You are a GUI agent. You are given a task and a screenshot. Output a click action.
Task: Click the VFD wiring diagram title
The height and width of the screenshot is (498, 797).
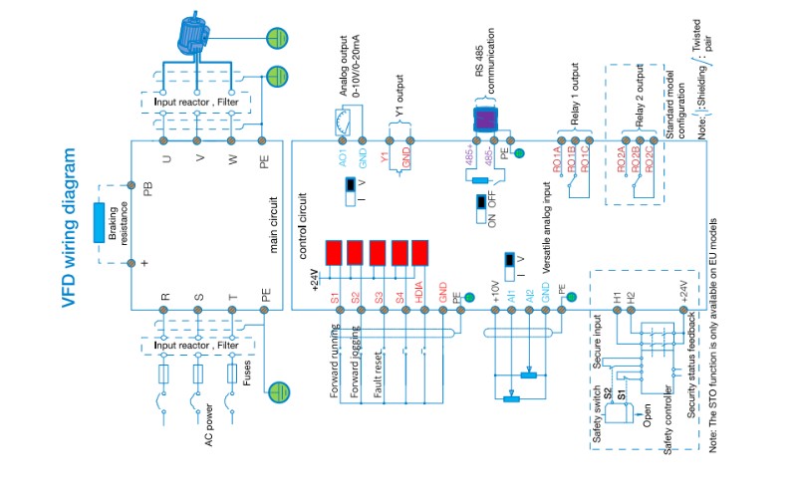click(69, 230)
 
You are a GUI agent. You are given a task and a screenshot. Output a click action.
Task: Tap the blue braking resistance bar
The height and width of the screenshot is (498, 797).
click(100, 224)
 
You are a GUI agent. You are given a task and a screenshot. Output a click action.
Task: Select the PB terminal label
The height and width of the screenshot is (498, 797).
click(147, 188)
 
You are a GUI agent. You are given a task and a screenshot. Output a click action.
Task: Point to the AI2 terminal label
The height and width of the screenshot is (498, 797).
click(531, 298)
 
